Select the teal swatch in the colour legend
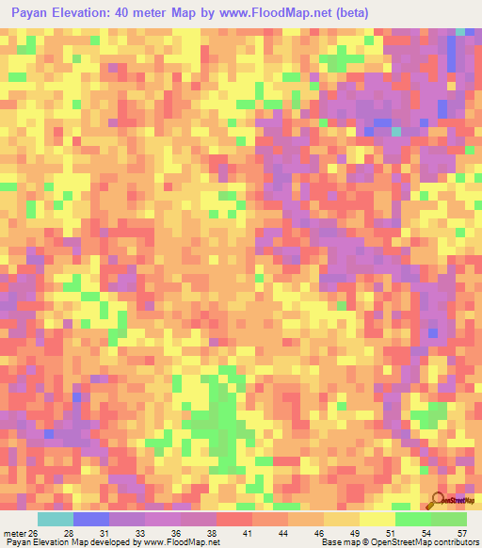coord(55,519)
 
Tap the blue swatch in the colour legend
coord(91,519)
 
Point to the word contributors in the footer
coord(454,542)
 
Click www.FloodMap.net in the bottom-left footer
coord(177,542)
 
